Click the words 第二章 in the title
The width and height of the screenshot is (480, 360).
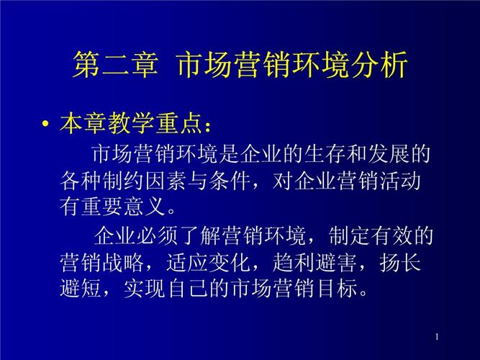click(x=116, y=65)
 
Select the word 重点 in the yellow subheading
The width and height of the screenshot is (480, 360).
click(x=179, y=123)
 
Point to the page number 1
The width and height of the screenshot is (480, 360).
click(x=437, y=337)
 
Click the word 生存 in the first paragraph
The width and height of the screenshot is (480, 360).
click(x=325, y=153)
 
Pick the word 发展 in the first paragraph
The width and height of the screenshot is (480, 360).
click(x=389, y=153)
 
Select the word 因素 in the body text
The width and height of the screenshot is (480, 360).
click(x=166, y=181)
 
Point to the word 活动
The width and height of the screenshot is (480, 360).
click(x=400, y=181)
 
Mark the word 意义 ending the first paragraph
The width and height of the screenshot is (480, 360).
click(x=145, y=206)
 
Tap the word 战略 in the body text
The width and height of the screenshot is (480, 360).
click(x=123, y=262)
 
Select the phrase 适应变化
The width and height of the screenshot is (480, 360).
click(x=208, y=262)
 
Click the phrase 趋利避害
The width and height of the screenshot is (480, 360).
click(x=314, y=262)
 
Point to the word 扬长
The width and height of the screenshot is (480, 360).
click(x=400, y=262)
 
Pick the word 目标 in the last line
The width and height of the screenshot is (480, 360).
click(x=337, y=288)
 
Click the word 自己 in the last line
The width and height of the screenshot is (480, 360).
click(x=189, y=288)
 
